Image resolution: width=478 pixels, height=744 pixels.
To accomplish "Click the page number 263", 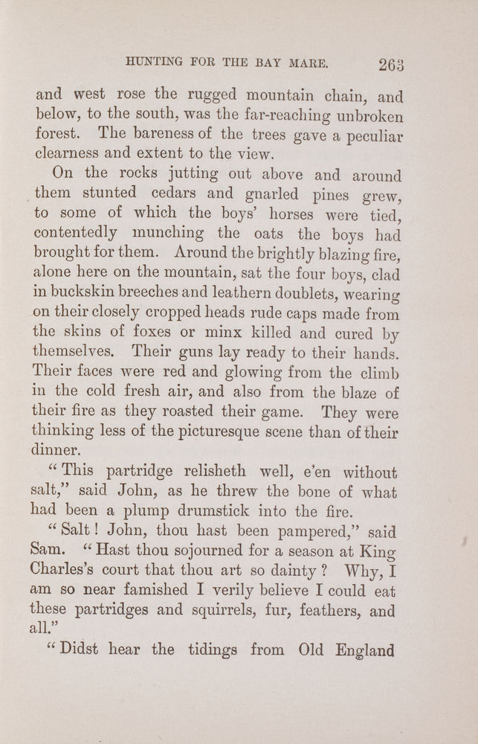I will pyautogui.click(x=390, y=66).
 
